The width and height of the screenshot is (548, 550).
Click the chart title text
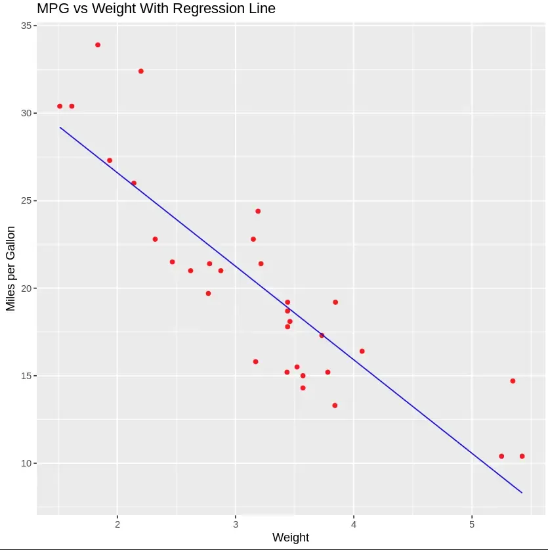[156, 9]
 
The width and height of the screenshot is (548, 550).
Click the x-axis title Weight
[291, 538]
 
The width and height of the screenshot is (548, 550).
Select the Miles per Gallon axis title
[11, 268]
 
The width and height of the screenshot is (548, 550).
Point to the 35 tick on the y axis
[27, 26]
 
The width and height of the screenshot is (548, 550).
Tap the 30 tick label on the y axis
[27, 113]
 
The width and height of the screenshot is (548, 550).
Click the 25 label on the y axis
[27, 200]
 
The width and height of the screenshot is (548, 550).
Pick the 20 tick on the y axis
[27, 288]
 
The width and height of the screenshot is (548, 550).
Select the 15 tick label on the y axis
[27, 376]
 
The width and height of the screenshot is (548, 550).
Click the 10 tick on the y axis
[27, 463]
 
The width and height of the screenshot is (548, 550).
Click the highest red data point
[98, 45]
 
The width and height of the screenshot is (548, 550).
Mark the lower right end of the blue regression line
[522, 492]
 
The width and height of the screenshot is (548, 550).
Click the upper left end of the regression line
[60, 127]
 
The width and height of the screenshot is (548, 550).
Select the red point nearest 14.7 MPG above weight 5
[513, 381]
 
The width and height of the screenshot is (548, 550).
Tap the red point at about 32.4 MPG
[141, 71]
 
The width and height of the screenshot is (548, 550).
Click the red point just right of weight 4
[362, 351]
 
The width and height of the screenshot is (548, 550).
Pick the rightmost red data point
[522, 456]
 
